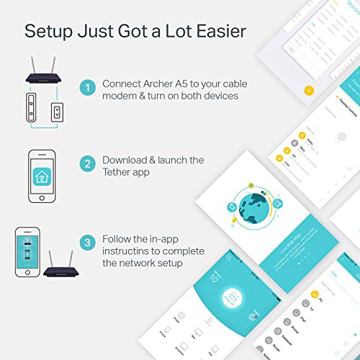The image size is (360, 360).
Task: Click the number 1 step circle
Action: pos(87,88)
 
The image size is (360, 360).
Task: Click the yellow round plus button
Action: pos(308,91)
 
